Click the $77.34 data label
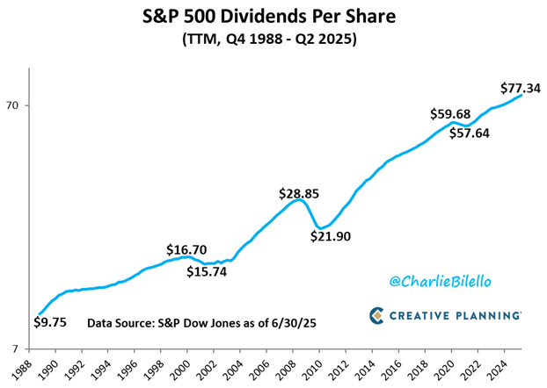point(520,88)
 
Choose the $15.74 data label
point(207,271)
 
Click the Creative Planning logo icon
point(376,314)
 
